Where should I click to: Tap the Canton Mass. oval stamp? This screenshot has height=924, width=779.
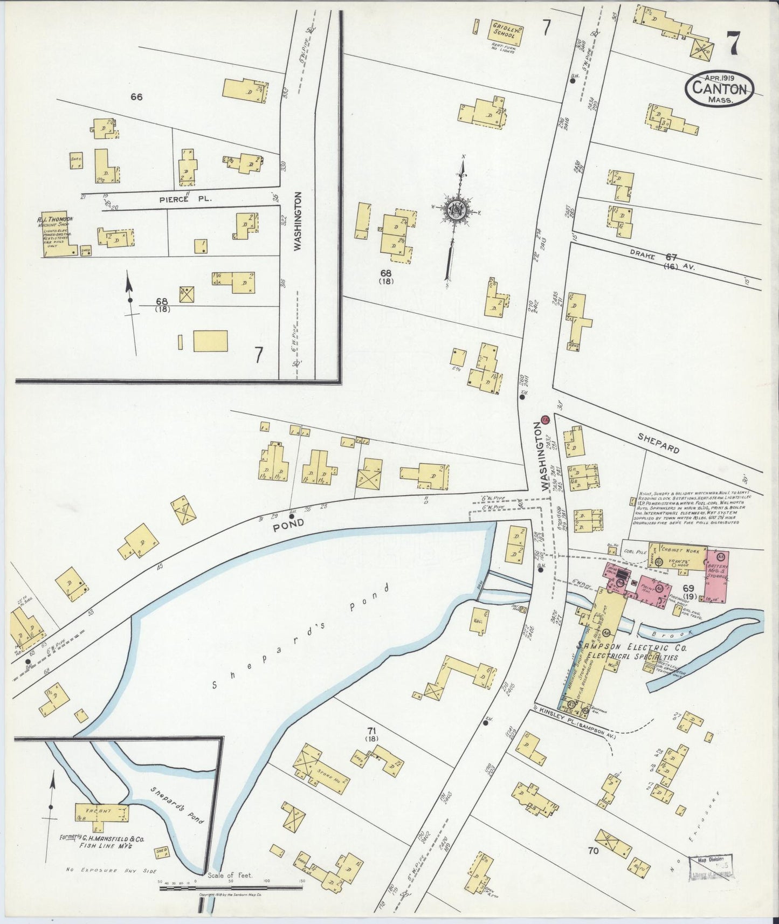point(719,88)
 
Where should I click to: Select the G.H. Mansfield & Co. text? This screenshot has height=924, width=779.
point(105,840)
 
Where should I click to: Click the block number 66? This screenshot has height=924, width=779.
point(136,97)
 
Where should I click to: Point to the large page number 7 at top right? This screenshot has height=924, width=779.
point(733,43)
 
